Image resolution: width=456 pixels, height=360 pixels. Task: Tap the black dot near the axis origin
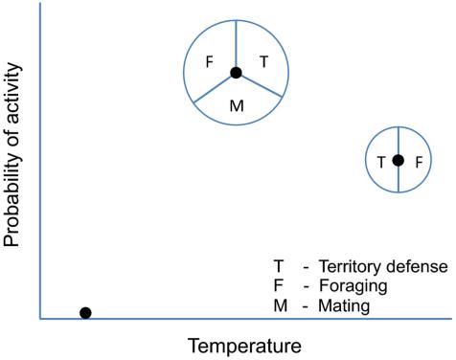[85, 312]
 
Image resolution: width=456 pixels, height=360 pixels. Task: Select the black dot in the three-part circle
[235, 73]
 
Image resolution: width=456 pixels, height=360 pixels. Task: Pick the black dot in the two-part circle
[399, 160]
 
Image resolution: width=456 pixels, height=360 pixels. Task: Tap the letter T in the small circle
[382, 162]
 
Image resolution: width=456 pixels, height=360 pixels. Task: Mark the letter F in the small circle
[417, 162]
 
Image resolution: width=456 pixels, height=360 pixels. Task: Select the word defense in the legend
[420, 266]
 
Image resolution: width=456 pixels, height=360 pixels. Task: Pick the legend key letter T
[279, 266]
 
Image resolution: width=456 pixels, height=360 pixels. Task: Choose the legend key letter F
[279, 286]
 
